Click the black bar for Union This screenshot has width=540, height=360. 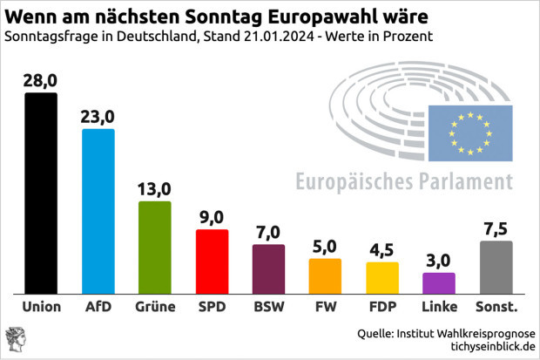click(x=41, y=193)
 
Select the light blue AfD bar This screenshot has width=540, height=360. click(x=98, y=211)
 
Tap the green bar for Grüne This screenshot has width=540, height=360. click(x=155, y=247)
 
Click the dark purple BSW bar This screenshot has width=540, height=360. click(x=268, y=268)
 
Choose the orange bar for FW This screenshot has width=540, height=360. click(x=325, y=275)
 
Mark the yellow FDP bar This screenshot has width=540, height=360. click(x=381, y=277)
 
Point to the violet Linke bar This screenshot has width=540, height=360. click(x=438, y=283)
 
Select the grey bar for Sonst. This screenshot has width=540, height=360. click(x=496, y=267)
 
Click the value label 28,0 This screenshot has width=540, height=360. click(x=41, y=80)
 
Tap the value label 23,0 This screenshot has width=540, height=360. click(x=98, y=116)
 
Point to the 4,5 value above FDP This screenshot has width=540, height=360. click(x=381, y=249)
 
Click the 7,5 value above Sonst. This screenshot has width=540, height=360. click(x=496, y=228)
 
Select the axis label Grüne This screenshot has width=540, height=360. click(x=155, y=307)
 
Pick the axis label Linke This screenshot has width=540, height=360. click(x=438, y=307)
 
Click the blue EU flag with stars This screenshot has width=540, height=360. click(x=469, y=132)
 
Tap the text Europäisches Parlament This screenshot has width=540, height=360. click(x=404, y=182)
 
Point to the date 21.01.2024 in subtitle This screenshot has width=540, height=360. click(x=278, y=37)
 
